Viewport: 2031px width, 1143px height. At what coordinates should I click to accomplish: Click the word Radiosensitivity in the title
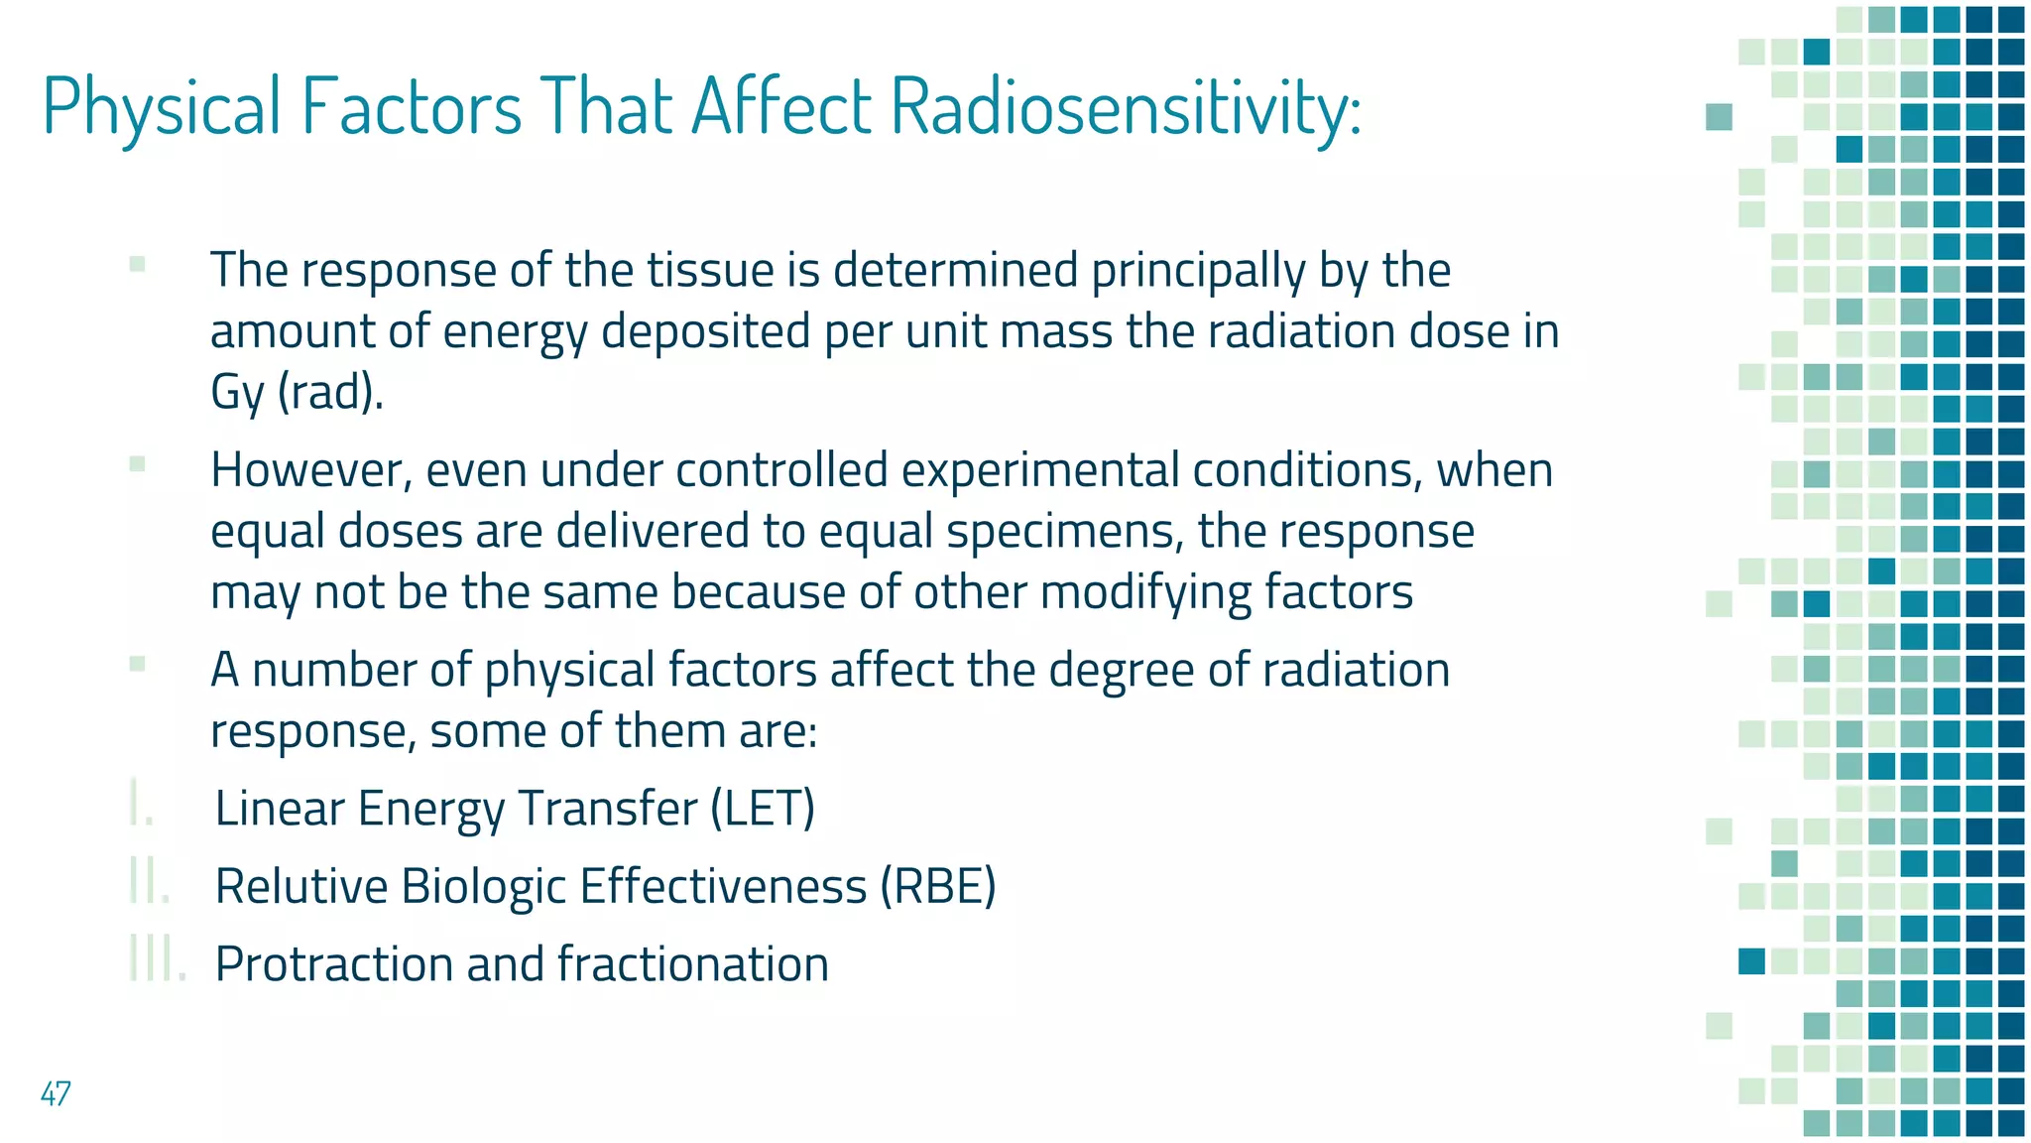click(x=1126, y=106)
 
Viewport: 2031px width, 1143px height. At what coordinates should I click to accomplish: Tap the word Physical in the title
click(x=162, y=106)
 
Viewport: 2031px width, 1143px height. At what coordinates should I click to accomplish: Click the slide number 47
click(x=56, y=1093)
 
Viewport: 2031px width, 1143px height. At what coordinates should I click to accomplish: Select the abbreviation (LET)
click(x=763, y=808)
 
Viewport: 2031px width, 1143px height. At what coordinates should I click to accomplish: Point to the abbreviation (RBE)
click(x=938, y=886)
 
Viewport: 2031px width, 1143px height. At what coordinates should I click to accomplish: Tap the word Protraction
click(x=332, y=964)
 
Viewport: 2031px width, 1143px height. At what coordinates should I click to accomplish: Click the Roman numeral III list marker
click(x=157, y=959)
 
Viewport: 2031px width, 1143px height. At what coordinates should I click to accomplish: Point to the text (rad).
click(x=330, y=393)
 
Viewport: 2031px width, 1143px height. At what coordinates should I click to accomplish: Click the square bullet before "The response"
click(x=138, y=264)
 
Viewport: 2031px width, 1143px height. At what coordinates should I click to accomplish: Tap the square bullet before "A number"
click(x=138, y=664)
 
